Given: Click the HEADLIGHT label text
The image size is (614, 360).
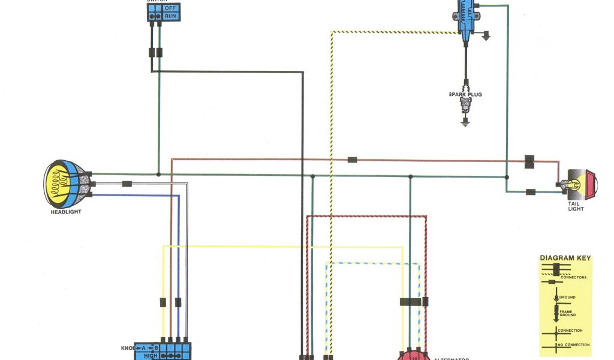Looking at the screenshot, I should coord(66,211).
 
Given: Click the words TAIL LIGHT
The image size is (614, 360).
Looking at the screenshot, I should coord(576,206).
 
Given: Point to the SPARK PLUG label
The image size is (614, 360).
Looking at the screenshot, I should coord(465,94).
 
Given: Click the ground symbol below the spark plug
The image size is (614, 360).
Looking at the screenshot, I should coord(465,122).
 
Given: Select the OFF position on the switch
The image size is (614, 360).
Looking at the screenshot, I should coord(171,7).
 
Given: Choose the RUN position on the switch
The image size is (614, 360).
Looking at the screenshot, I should coord(171,16).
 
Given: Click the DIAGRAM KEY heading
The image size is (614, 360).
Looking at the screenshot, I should coord(565,259).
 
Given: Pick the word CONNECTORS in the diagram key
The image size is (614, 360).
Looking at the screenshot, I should coord(573,277).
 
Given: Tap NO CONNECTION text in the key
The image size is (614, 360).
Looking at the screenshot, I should coord(573,345).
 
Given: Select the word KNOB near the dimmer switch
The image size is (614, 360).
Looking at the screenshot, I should coord(129,347).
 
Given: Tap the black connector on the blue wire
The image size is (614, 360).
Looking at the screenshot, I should coord(177,302).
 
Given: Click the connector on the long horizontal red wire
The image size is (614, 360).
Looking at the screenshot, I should coord(353,160).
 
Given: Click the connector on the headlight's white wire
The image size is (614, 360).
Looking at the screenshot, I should coord(127,184).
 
